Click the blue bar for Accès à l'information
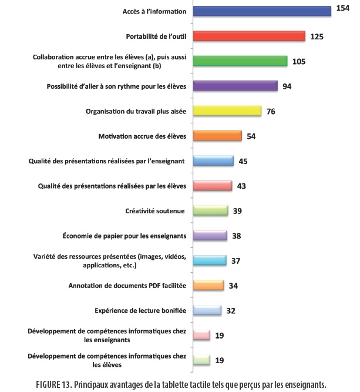(x=262, y=11)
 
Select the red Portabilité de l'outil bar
(x=249, y=36)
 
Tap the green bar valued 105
(x=240, y=61)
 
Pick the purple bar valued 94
(x=235, y=86)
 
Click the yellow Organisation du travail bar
(x=227, y=111)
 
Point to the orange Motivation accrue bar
(x=217, y=136)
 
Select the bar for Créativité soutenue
(x=210, y=210)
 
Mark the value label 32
(x=231, y=310)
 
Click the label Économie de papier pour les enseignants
(x=125, y=236)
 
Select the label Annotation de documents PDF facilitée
(x=127, y=286)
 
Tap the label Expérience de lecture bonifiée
(x=140, y=310)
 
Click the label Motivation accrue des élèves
(x=142, y=136)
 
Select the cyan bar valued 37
(x=209, y=260)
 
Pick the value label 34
(x=233, y=285)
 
